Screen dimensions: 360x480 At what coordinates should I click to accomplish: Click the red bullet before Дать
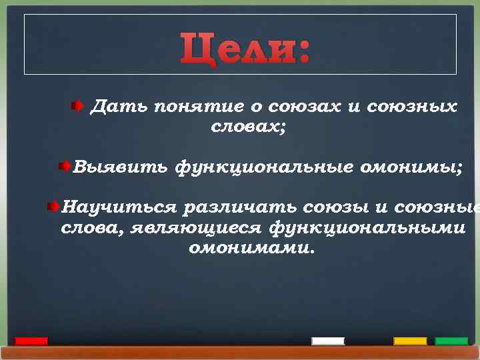(77, 105)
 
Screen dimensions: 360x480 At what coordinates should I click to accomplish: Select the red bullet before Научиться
(53, 207)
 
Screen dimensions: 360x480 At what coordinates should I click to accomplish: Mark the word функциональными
(367, 228)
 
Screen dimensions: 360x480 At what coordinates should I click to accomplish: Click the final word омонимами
(250, 249)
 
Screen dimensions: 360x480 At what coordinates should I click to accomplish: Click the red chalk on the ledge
(31, 341)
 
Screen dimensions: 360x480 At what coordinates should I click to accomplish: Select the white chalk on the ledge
(328, 341)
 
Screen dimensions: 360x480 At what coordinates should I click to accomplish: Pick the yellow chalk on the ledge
(410, 341)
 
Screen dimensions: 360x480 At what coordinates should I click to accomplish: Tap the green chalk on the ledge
(451, 341)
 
